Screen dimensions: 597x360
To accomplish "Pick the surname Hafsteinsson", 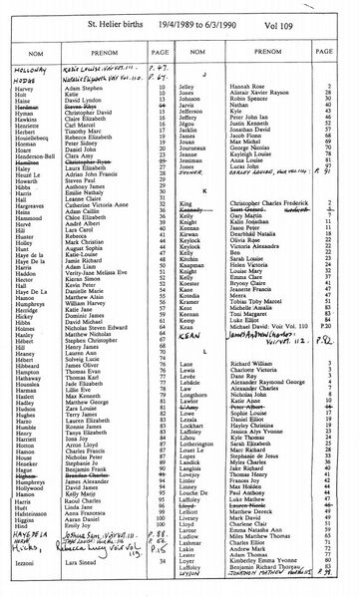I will (37, 516).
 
